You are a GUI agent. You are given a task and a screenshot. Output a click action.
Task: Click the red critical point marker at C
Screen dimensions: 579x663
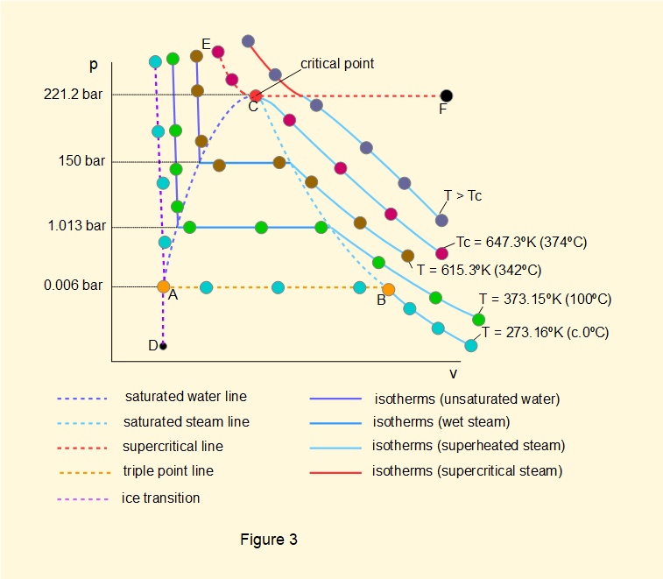tap(255, 95)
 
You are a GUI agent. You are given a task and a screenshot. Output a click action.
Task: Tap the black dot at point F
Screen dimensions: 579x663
tap(447, 95)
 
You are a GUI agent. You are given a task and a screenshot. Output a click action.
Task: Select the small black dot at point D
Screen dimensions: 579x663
tap(163, 346)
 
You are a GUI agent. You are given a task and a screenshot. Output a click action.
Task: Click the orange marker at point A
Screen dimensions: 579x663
tap(164, 286)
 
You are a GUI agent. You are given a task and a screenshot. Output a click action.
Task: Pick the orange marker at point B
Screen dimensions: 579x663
tap(389, 289)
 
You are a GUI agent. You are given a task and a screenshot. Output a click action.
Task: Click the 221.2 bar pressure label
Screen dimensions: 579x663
tap(74, 95)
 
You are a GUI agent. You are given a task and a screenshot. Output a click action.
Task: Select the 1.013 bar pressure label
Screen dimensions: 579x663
tap(78, 226)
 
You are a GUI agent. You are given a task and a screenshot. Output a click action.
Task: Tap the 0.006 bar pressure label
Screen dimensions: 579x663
tap(78, 286)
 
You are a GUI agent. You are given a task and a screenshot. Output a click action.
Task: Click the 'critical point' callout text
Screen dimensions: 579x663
tap(337, 64)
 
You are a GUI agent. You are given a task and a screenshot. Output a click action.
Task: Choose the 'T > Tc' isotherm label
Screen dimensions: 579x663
tap(463, 195)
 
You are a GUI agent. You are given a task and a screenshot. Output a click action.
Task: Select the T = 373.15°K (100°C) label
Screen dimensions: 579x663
tap(545, 300)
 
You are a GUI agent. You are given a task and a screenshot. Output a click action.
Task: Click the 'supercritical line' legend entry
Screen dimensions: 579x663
tap(173, 446)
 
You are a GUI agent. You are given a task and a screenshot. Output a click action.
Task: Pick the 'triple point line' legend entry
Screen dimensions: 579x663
tap(167, 470)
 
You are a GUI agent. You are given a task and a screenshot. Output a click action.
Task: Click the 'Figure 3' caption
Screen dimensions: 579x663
tap(269, 540)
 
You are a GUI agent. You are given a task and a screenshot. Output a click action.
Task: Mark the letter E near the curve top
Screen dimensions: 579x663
tap(206, 44)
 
